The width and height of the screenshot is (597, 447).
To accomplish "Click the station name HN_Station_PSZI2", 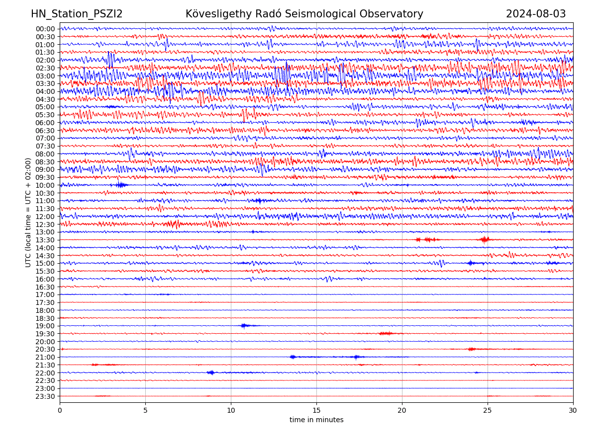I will click(x=77, y=14).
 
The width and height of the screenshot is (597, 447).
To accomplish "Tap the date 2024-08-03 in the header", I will click(x=536, y=14).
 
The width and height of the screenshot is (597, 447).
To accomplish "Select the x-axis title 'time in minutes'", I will click(x=316, y=420).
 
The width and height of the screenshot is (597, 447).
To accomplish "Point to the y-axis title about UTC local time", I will click(x=28, y=212).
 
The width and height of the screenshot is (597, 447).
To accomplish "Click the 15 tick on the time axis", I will click(x=316, y=410).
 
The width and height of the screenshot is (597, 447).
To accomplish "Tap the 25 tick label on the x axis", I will click(x=488, y=410).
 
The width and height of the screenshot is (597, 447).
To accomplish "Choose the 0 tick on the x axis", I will click(x=60, y=410).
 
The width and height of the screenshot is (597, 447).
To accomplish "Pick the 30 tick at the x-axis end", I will click(x=573, y=410).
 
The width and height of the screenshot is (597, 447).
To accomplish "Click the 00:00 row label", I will click(x=45, y=29).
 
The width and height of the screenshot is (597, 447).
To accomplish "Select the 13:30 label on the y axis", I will click(x=45, y=240).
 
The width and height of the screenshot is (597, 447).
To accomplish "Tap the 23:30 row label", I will click(x=45, y=396).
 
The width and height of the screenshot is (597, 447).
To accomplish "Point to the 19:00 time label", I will click(x=45, y=326).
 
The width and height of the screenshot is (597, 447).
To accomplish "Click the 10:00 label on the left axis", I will click(x=45, y=185).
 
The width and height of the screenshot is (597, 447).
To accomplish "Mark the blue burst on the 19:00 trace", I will click(x=244, y=326).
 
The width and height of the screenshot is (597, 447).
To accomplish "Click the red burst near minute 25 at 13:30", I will click(x=485, y=239).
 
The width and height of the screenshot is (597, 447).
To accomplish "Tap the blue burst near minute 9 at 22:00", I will click(x=211, y=372).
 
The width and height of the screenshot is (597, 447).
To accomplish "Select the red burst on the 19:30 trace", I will click(x=386, y=333).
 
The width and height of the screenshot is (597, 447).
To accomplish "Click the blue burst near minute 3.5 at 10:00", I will click(x=120, y=185).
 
